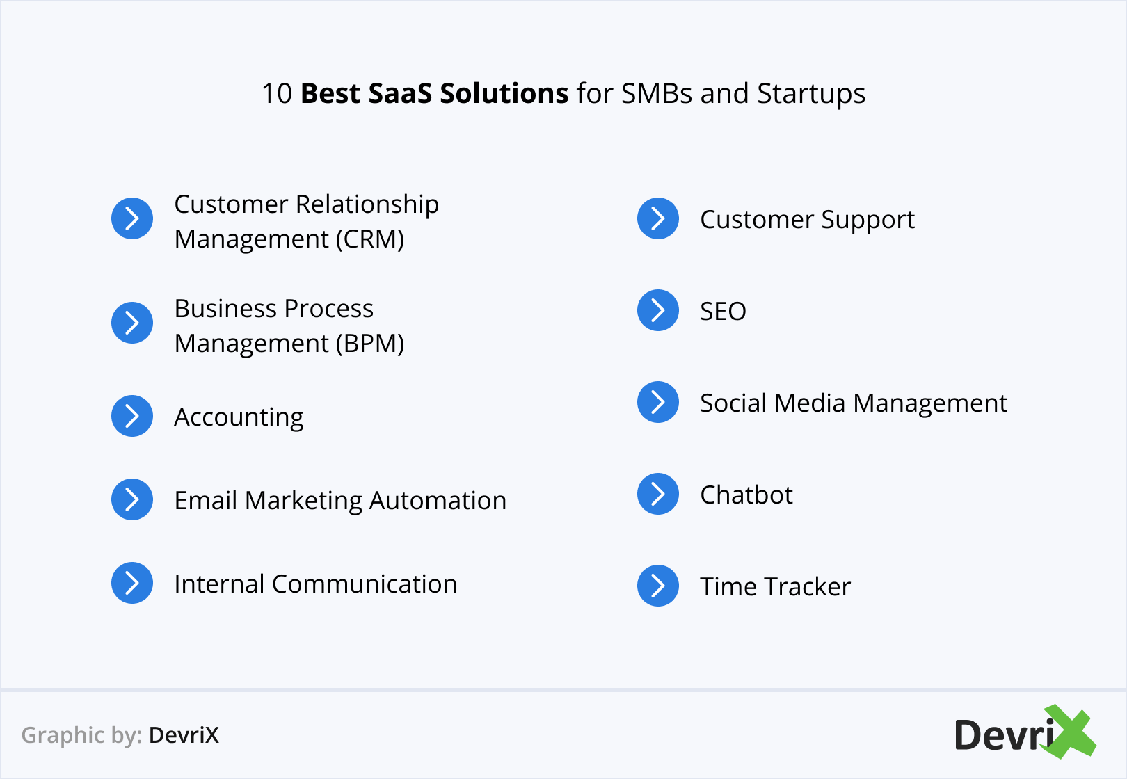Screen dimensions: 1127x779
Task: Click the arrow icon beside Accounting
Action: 131,416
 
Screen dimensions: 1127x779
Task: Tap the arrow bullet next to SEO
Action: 658,310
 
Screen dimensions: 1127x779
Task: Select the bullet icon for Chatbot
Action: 658,494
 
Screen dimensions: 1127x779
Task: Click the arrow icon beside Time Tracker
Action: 658,586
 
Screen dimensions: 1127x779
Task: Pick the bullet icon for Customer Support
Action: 658,218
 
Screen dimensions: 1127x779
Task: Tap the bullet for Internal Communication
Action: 131,583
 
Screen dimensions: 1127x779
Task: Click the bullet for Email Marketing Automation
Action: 131,499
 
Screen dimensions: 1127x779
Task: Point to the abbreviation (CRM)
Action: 370,239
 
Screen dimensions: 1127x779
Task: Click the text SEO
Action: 723,312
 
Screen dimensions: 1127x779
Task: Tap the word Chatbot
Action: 746,495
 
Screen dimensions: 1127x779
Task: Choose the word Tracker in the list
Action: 810,586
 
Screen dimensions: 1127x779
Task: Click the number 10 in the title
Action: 277,93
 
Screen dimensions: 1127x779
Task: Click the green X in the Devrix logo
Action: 1068,731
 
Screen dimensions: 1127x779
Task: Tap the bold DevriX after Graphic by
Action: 184,735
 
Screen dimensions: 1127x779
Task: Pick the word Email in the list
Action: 206,500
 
